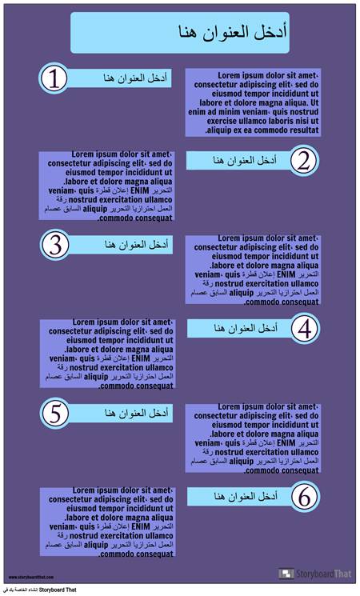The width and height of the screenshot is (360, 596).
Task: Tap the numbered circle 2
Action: point(302,160)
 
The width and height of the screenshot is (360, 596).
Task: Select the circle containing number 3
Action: point(54,244)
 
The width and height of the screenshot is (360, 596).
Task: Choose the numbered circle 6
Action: point(304,497)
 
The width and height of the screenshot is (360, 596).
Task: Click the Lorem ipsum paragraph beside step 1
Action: point(253,102)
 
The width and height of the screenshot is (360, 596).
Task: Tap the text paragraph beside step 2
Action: point(107,185)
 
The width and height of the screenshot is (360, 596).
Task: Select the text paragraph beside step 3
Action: point(253,270)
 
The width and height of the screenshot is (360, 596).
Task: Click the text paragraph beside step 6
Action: point(107,521)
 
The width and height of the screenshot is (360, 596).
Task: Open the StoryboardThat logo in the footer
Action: point(314,574)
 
